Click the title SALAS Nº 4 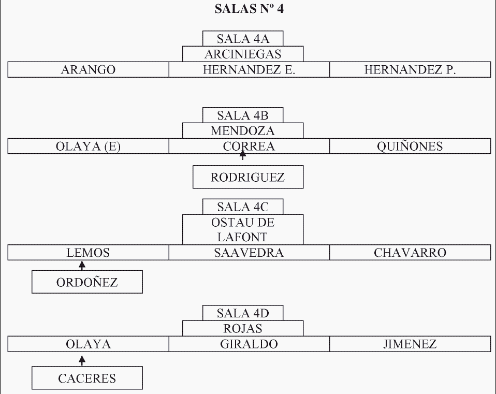click(249, 9)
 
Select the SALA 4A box click(243, 39)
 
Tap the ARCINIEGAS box click(243, 54)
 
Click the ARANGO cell click(88, 70)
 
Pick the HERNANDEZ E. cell click(249, 70)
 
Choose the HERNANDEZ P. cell click(410, 70)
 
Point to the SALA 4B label click(243, 115)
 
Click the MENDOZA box click(243, 130)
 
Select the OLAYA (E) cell click(88, 147)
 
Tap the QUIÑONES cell click(410, 147)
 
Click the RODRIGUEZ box click(248, 178)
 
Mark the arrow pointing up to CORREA click(242, 154)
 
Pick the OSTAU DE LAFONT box click(243, 230)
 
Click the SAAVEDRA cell click(249, 253)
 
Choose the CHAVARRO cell click(410, 253)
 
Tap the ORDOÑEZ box click(87, 282)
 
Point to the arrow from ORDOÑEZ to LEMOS click(81, 266)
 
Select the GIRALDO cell click(249, 344)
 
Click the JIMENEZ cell click(410, 344)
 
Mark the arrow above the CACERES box click(81, 359)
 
